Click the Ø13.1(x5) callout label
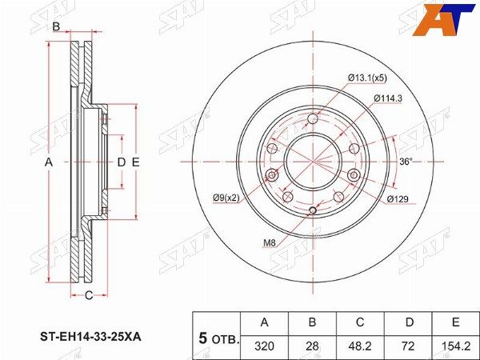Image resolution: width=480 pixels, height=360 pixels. (x=367, y=78)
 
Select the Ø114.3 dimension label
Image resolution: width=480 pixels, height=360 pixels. (x=388, y=98)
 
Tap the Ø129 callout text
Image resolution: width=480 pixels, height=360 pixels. (x=398, y=199)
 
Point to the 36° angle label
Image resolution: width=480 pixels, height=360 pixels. (x=406, y=162)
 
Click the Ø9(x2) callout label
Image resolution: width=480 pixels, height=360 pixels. (x=226, y=198)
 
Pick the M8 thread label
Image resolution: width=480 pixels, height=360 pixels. (x=270, y=243)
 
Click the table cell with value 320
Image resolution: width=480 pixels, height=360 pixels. (x=264, y=346)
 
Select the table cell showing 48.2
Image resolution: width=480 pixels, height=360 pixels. (x=360, y=346)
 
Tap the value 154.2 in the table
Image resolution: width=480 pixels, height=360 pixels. (x=455, y=346)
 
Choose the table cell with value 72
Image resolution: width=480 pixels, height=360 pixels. (x=408, y=346)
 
